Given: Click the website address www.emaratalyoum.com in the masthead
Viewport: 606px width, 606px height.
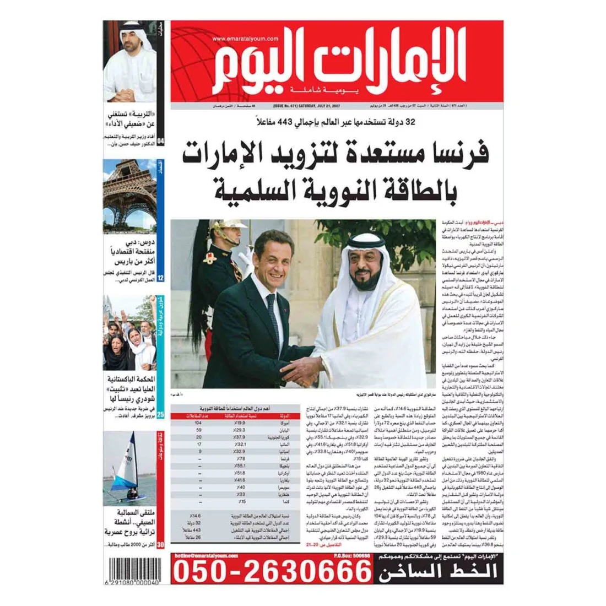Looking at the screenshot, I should coord(245,39).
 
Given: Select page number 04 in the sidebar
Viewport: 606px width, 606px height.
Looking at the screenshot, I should coord(160,142).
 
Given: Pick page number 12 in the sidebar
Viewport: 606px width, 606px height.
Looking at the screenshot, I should coord(160,278).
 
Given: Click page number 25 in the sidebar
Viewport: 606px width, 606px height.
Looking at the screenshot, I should coord(160,415).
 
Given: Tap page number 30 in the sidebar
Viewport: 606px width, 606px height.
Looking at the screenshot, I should coord(160,545).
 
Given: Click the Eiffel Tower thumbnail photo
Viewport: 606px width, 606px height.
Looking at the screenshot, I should coord(130,196).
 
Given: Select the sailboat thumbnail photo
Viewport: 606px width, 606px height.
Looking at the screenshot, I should coord(130,469).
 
